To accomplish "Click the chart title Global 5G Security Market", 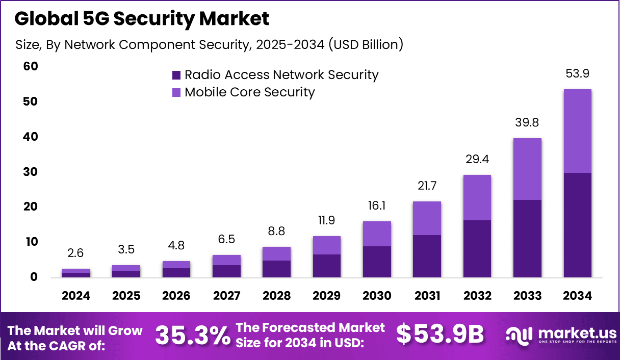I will pyautogui.click(x=142, y=19).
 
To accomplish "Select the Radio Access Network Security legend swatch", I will pyautogui.click(x=176, y=75).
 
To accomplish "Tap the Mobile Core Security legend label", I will pyautogui.click(x=249, y=92).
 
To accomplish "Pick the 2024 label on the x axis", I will pyautogui.click(x=76, y=296).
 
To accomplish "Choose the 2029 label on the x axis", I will pyautogui.click(x=327, y=296).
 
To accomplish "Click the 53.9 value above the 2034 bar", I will pyautogui.click(x=577, y=74).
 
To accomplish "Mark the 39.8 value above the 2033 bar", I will pyautogui.click(x=527, y=123).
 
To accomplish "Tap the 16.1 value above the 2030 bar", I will pyautogui.click(x=377, y=206).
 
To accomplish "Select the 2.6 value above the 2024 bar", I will pyautogui.click(x=76, y=253).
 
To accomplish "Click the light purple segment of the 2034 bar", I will pyautogui.click(x=577, y=131).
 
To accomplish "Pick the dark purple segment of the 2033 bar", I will pyautogui.click(x=527, y=238).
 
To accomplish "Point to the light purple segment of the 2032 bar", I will pyautogui.click(x=477, y=197).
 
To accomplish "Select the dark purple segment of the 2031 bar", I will pyautogui.click(x=427, y=256).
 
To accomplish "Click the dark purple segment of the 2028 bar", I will pyautogui.click(x=276, y=269).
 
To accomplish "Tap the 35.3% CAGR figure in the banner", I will pyautogui.click(x=192, y=336).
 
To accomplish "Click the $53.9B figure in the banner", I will pyautogui.click(x=440, y=335).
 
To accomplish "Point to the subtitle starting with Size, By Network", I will pyautogui.click(x=210, y=45).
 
